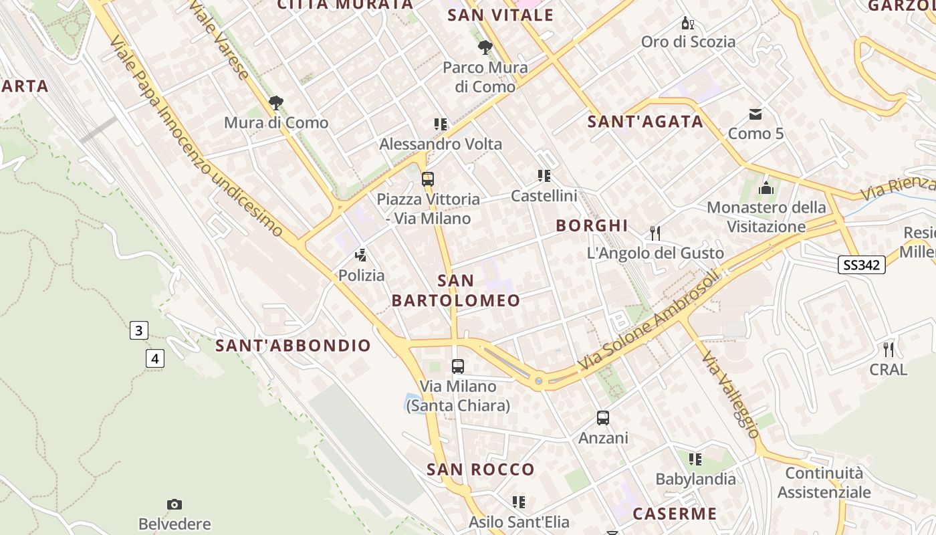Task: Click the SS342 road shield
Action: [862, 265]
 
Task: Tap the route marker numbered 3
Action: [138, 330]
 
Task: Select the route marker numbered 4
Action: [154, 358]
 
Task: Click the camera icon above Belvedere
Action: [174, 504]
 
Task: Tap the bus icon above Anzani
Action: [603, 418]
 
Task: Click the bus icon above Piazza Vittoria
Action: [428, 179]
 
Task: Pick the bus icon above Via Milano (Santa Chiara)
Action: [458, 366]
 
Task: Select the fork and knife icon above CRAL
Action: [889, 349]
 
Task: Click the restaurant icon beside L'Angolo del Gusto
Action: [655, 233]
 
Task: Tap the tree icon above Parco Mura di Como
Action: [485, 47]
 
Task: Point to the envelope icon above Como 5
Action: [755, 114]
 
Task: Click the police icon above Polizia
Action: [361, 255]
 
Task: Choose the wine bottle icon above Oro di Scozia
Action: [688, 23]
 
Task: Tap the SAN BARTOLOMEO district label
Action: [456, 291]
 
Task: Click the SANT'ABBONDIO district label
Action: [293, 346]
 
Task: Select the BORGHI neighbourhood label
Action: [592, 226]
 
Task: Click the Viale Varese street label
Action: [219, 39]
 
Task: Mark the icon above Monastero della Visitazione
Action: [766, 188]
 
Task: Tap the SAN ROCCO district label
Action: [481, 469]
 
